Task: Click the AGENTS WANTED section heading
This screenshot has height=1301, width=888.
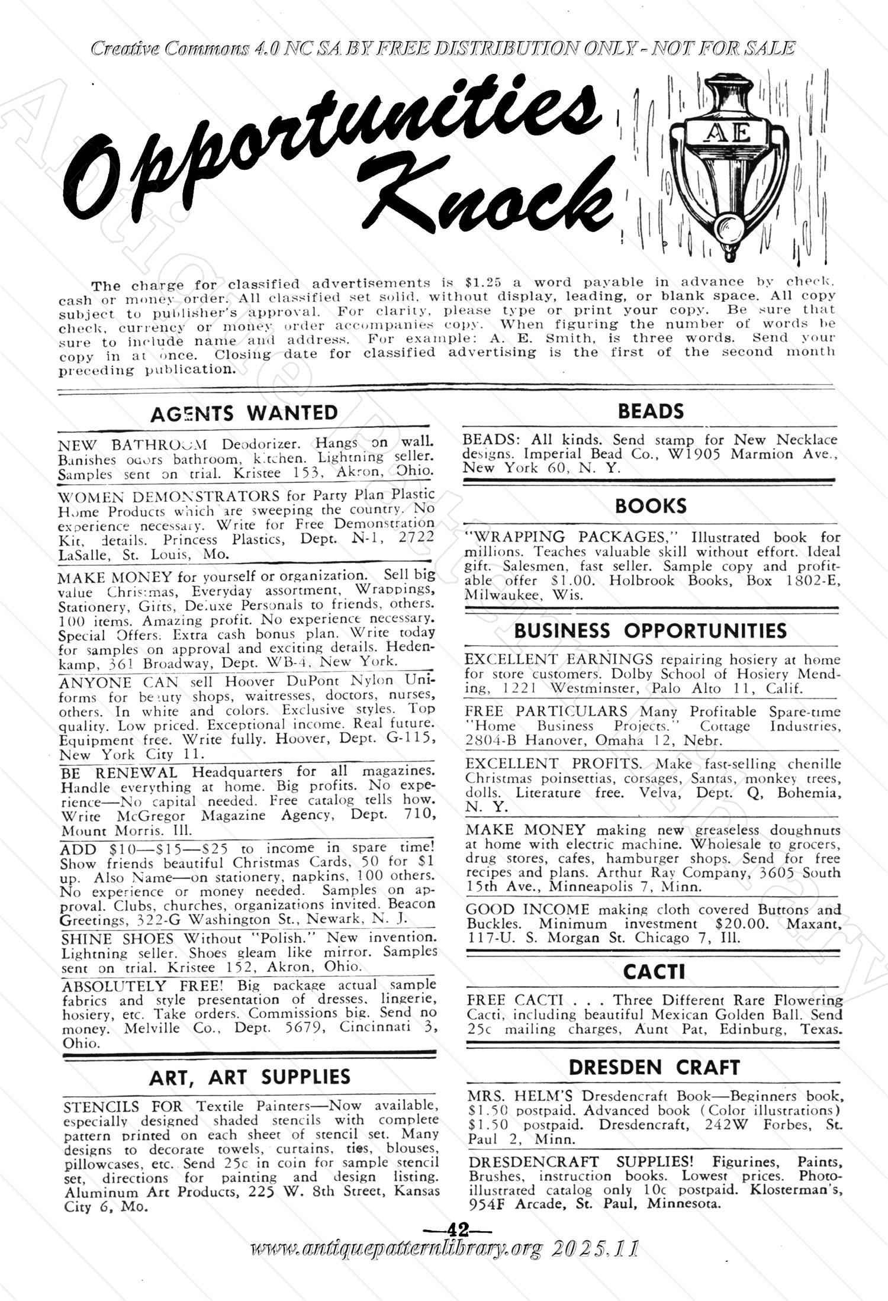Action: [244, 413]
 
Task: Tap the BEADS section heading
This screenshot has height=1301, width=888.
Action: [651, 411]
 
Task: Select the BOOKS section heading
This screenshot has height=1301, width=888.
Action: [651, 506]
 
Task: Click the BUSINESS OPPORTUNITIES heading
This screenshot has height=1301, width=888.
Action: [651, 631]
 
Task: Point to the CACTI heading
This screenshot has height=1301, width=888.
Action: [654, 971]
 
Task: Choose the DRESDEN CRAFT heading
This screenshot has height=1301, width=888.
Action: [654, 1067]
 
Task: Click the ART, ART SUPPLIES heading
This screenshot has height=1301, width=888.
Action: [250, 1077]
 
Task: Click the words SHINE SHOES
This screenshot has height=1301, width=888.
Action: [118, 939]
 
